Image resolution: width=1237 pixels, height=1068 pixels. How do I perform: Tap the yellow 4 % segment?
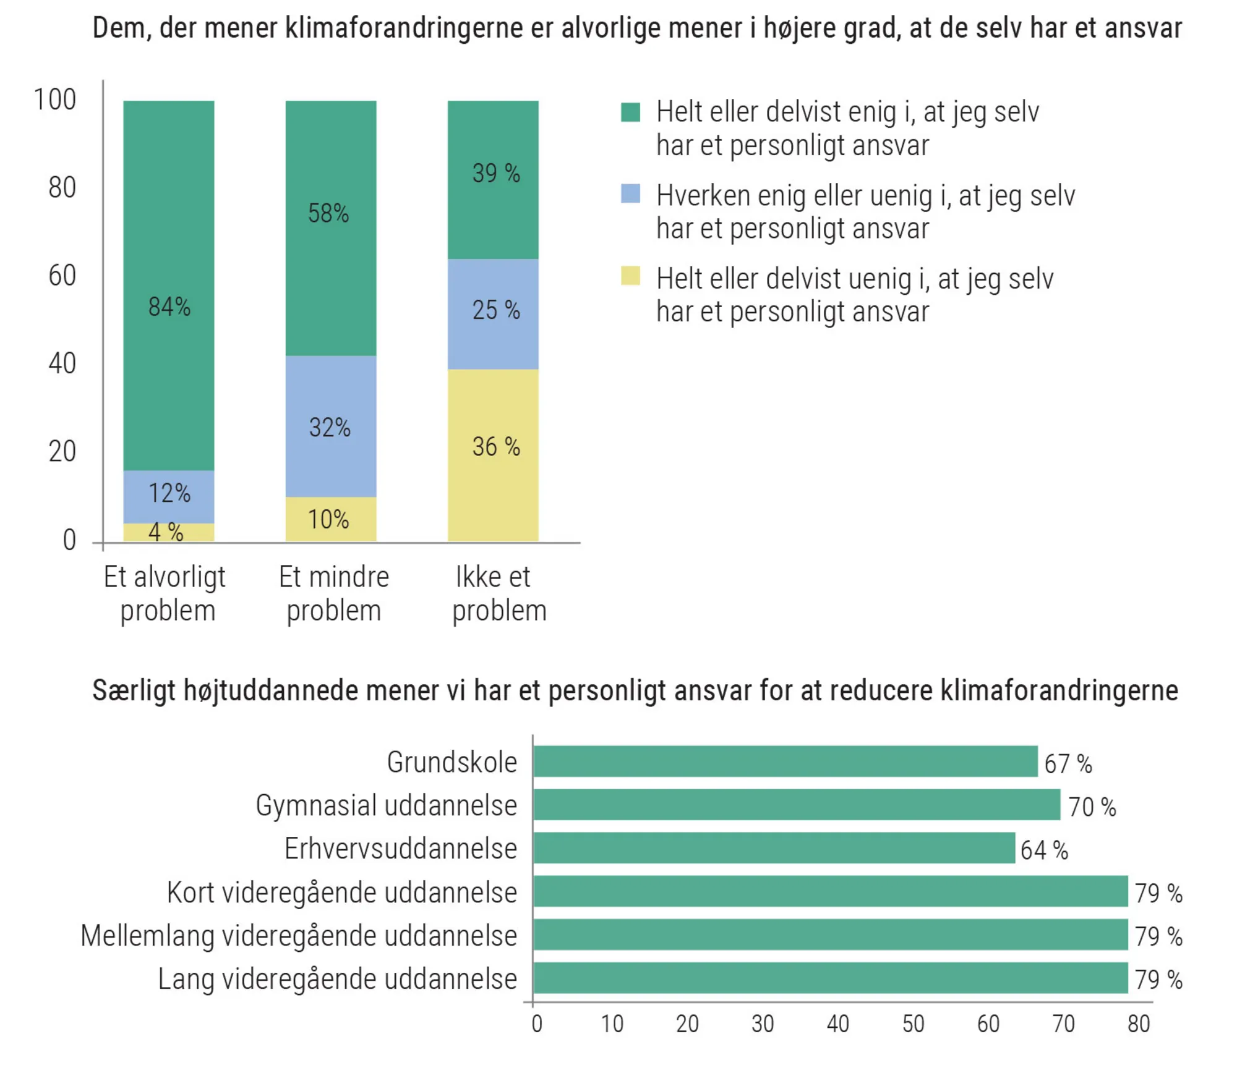click(168, 532)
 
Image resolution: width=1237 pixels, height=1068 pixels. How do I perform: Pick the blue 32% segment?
click(330, 426)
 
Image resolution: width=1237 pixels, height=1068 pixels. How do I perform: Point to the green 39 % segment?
click(493, 179)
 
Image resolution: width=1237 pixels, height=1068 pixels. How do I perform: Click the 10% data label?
click(328, 519)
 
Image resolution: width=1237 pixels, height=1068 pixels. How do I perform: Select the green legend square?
click(630, 112)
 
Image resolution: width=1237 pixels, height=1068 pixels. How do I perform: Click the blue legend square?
click(630, 193)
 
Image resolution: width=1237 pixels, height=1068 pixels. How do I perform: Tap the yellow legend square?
click(630, 276)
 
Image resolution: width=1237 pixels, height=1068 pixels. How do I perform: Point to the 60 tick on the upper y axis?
click(62, 276)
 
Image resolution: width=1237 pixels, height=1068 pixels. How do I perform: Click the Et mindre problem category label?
click(333, 593)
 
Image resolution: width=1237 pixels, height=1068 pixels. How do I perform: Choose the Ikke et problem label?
click(499, 593)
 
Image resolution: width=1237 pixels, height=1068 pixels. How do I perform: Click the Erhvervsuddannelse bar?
click(773, 847)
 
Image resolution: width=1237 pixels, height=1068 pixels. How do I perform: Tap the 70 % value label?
click(1092, 807)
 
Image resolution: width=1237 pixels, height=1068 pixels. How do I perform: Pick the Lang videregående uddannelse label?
click(337, 979)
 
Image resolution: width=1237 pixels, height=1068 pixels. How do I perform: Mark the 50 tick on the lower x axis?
click(913, 1024)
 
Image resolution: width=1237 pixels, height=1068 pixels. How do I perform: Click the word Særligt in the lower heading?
click(134, 691)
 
